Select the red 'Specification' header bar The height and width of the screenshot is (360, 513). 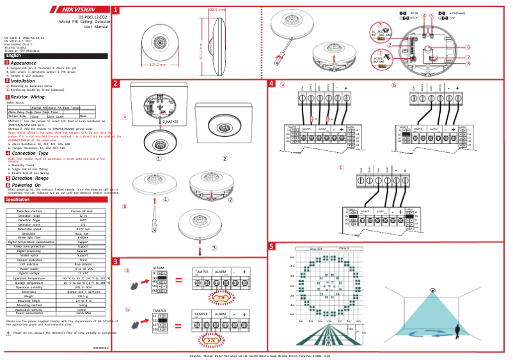tap(56, 200)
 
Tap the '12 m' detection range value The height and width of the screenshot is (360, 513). tap(83, 216)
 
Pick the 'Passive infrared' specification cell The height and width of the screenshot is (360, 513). tap(83, 211)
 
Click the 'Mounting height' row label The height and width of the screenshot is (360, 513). tap(29, 306)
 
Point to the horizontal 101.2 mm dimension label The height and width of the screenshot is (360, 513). tap(157, 65)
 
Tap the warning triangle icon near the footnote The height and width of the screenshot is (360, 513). tap(8, 333)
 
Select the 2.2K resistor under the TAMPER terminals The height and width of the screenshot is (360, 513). tap(212, 341)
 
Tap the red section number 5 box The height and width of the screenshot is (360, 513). tap(271, 246)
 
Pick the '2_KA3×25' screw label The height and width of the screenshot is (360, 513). tap(172, 121)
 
